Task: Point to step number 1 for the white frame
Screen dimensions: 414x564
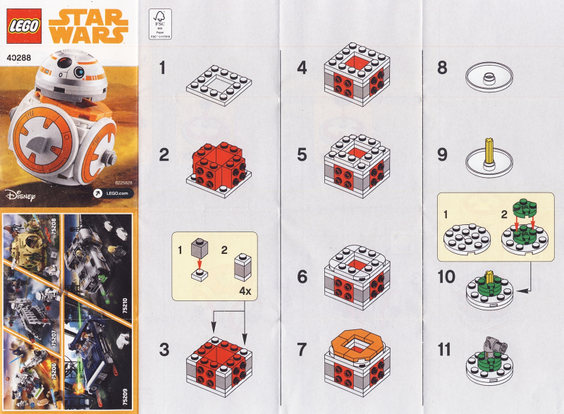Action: pos(164,68)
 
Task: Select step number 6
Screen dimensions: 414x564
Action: pos(302,277)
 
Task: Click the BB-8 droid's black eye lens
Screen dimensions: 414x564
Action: pos(65,69)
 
